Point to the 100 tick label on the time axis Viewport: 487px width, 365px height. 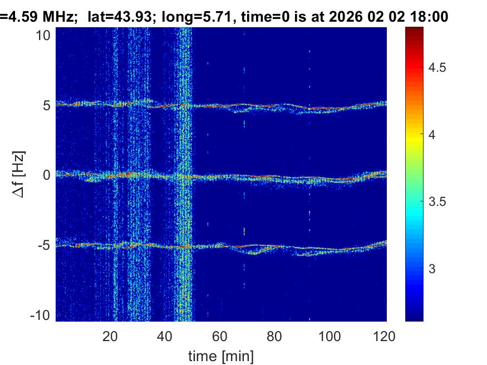pyautogui.click(x=329, y=336)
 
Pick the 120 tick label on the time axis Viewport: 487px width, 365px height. pyautogui.click(x=383, y=336)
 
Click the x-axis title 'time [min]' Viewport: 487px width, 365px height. pyautogui.click(x=221, y=354)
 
